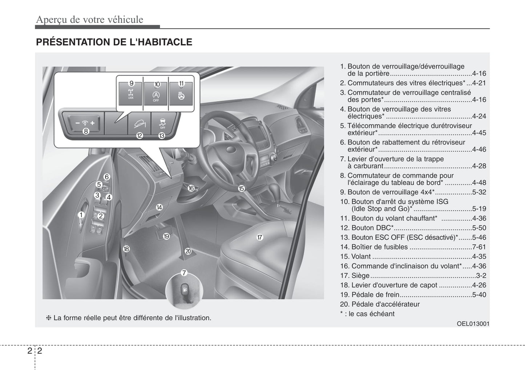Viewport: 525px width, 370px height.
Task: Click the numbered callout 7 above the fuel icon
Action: click(184, 273)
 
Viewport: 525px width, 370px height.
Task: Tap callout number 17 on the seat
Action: click(259, 237)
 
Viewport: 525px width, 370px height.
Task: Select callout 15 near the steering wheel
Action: click(241, 188)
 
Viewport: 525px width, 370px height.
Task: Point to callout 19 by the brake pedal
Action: click(166, 236)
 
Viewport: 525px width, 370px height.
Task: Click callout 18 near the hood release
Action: click(126, 249)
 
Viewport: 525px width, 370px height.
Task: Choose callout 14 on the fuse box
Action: click(159, 208)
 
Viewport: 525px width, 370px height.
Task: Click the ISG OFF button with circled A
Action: click(156, 95)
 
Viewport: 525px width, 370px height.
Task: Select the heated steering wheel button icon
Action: click(181, 95)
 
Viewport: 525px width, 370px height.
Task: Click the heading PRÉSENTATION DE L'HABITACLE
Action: click(114, 42)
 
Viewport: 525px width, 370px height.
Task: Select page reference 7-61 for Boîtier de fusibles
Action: click(479, 247)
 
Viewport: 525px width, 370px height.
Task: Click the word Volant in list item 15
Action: click(361, 256)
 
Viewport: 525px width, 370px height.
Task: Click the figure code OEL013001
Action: click(473, 324)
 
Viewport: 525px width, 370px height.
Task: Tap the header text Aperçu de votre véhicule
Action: click(89, 19)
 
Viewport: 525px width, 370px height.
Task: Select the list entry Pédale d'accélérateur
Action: click(385, 304)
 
